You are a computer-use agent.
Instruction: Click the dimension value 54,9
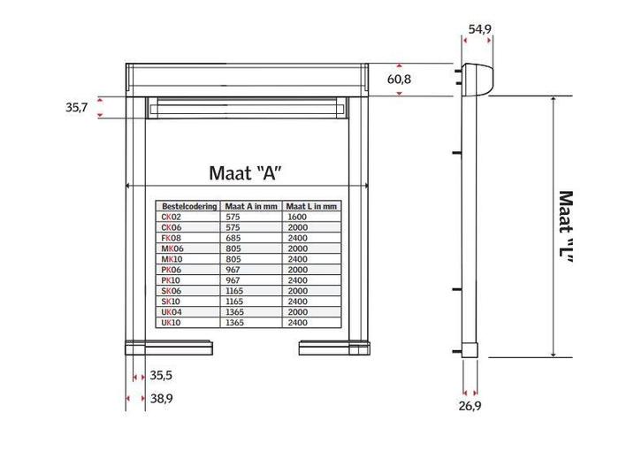click(x=479, y=29)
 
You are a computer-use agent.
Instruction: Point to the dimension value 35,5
click(x=160, y=375)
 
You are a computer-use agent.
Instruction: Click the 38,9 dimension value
click(x=160, y=400)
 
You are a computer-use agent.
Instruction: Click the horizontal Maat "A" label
click(x=250, y=172)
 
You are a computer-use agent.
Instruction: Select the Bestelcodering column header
click(x=188, y=205)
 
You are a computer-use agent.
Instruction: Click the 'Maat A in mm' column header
click(x=252, y=205)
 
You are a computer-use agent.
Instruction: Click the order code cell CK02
click(x=171, y=216)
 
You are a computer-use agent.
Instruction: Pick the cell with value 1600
click(x=297, y=216)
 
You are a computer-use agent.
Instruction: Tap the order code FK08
click(x=171, y=238)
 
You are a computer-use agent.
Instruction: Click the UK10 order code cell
click(x=171, y=323)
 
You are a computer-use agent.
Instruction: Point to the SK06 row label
click(x=171, y=291)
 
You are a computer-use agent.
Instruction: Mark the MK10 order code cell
click(x=171, y=259)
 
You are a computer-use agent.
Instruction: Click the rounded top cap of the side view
click(x=479, y=79)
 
